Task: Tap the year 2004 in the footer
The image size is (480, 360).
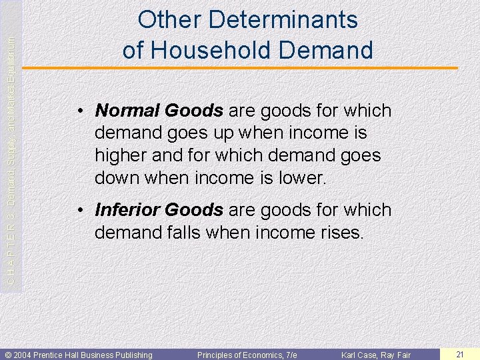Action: (x=25, y=355)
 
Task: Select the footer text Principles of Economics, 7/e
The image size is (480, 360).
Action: (x=247, y=355)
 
